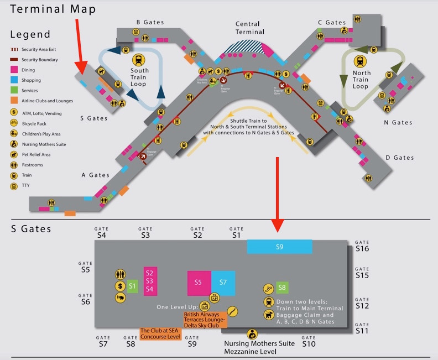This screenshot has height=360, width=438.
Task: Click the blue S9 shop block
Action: [279, 247]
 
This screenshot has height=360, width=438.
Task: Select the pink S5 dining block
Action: [199, 283]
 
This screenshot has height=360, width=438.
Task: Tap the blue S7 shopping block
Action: [223, 283]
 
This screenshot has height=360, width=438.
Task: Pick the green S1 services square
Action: [132, 286]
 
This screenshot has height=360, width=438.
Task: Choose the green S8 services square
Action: [282, 288]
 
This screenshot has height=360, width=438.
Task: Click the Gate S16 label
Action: [362, 246]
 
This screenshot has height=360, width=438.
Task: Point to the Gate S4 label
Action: [101, 232]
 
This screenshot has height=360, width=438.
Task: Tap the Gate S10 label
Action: [309, 341]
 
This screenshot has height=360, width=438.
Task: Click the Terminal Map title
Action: [53, 9]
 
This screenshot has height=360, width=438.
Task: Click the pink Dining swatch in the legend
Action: [14, 70]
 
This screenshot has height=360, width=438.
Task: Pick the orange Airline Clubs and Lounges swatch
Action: [14, 101]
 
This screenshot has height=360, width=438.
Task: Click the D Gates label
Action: [400, 158]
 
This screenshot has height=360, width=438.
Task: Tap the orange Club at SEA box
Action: [160, 333]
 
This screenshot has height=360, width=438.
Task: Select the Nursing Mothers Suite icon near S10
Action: [252, 333]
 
